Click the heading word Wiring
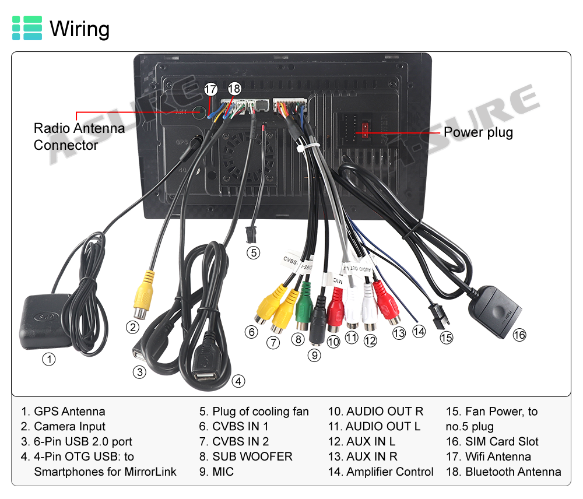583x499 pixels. tap(80, 29)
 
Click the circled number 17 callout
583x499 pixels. tap(211, 90)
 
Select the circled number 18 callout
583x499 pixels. tap(234, 89)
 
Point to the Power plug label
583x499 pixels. tap(478, 132)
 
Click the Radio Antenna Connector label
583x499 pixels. tap(79, 136)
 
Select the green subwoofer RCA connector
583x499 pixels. tap(303, 310)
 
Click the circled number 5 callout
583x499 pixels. tap(252, 253)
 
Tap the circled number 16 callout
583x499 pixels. tap(519, 335)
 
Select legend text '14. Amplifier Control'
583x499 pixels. tap(381, 472)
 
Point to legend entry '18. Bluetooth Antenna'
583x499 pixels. tap(504, 472)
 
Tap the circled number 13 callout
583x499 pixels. tap(399, 333)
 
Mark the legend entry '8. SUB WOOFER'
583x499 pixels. tap(245, 456)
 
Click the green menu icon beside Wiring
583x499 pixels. tap(27, 28)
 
